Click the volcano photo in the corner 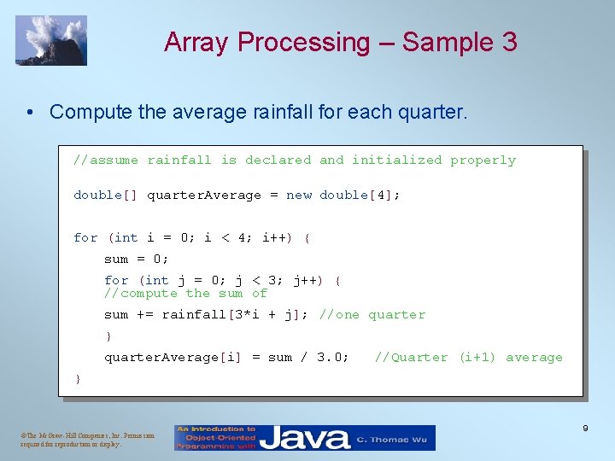point(51,40)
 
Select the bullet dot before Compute point(30,112)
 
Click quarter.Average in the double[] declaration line point(204,195)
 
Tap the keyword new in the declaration point(299,195)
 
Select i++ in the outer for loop point(272,237)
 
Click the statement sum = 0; point(137,259)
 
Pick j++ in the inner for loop point(305,280)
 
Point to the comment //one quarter point(372,314)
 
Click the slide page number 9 point(585,428)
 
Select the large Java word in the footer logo point(306,438)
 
